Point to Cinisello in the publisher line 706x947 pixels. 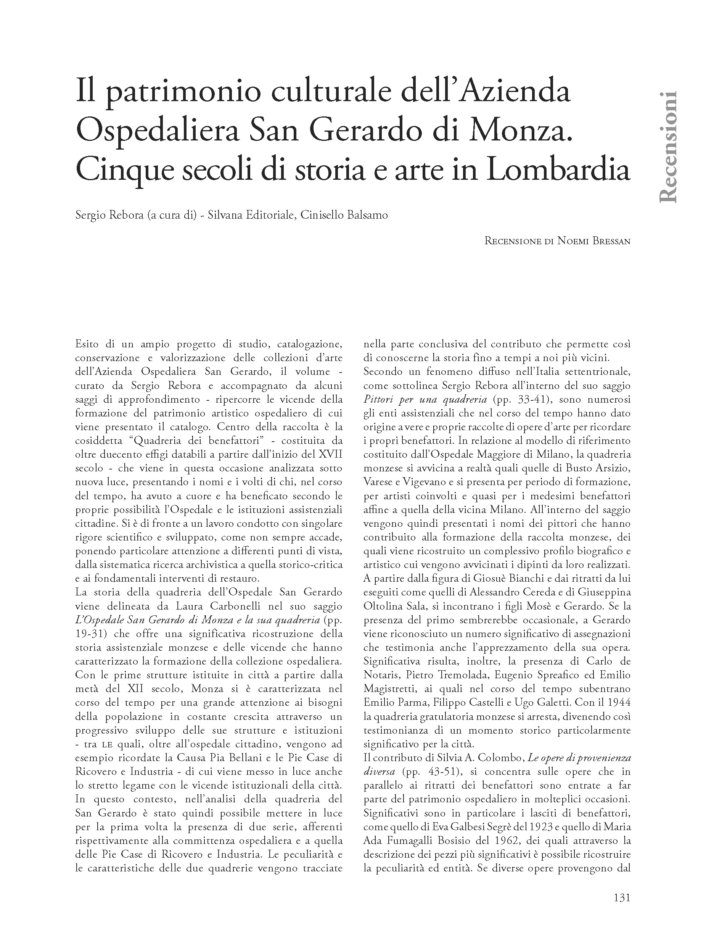[x=319, y=215]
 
